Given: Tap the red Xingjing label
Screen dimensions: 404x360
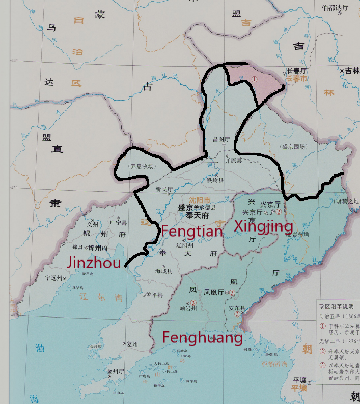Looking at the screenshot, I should pos(263,226).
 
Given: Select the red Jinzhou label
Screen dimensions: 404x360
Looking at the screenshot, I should pos(94,263).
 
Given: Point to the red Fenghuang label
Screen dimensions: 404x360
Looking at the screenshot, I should pos(202,337).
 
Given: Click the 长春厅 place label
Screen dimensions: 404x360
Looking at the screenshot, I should pos(297,71).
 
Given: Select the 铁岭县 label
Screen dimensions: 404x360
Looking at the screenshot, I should pos(215,180).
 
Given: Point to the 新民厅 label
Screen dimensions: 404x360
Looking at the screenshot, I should pos(164,189).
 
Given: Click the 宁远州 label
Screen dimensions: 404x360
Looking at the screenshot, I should pos(54,278).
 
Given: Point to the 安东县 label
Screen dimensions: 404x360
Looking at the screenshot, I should pos(237,308).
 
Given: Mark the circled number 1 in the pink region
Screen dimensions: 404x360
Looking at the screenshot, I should pos(254,79).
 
